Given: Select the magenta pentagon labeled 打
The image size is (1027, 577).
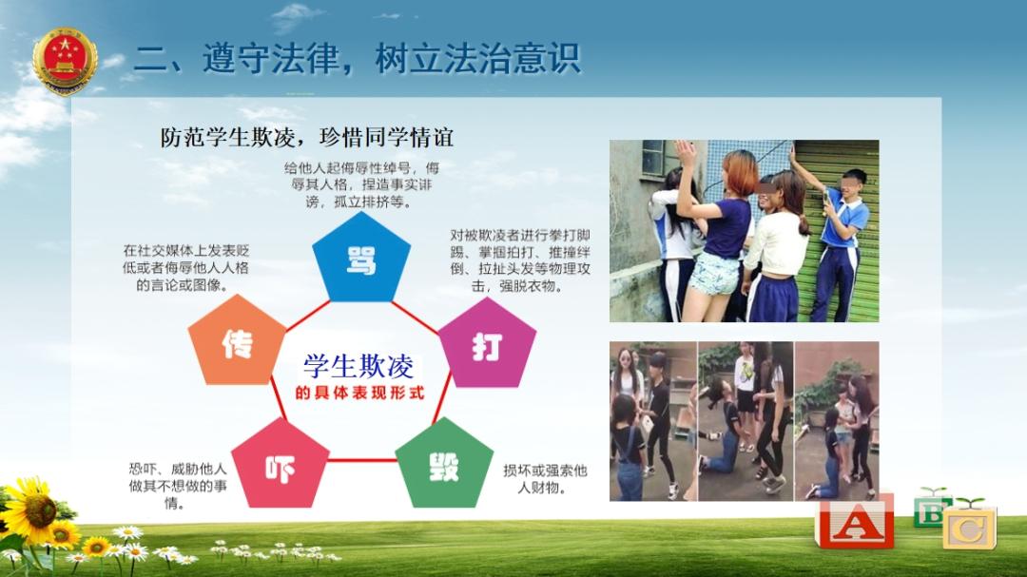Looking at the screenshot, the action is coord(487,344).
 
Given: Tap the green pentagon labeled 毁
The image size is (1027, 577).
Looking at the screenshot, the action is coord(444,465).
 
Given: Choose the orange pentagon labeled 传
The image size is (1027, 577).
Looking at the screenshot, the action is coord(237,341).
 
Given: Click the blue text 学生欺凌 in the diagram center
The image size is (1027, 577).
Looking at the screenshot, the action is coord(358,367).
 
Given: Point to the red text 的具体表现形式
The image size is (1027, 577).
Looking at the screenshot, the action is coord(359,393).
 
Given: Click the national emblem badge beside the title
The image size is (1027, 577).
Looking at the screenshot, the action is coord(65,61).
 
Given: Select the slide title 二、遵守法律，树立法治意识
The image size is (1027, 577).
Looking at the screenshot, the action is coord(358,58).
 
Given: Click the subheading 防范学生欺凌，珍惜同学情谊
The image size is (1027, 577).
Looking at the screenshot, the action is coord(306,138).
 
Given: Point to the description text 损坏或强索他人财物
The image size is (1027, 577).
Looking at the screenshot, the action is coord(545,479).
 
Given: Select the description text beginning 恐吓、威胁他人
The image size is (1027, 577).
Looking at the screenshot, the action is coord(177,486).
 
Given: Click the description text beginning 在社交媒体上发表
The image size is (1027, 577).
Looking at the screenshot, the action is coord(186,268).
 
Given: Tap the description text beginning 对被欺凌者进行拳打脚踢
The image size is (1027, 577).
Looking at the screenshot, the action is coord(520,260).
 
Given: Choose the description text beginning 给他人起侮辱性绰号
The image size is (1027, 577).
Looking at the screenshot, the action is coord(361,184).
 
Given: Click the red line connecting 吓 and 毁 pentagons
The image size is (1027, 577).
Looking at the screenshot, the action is coord(362,460).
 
